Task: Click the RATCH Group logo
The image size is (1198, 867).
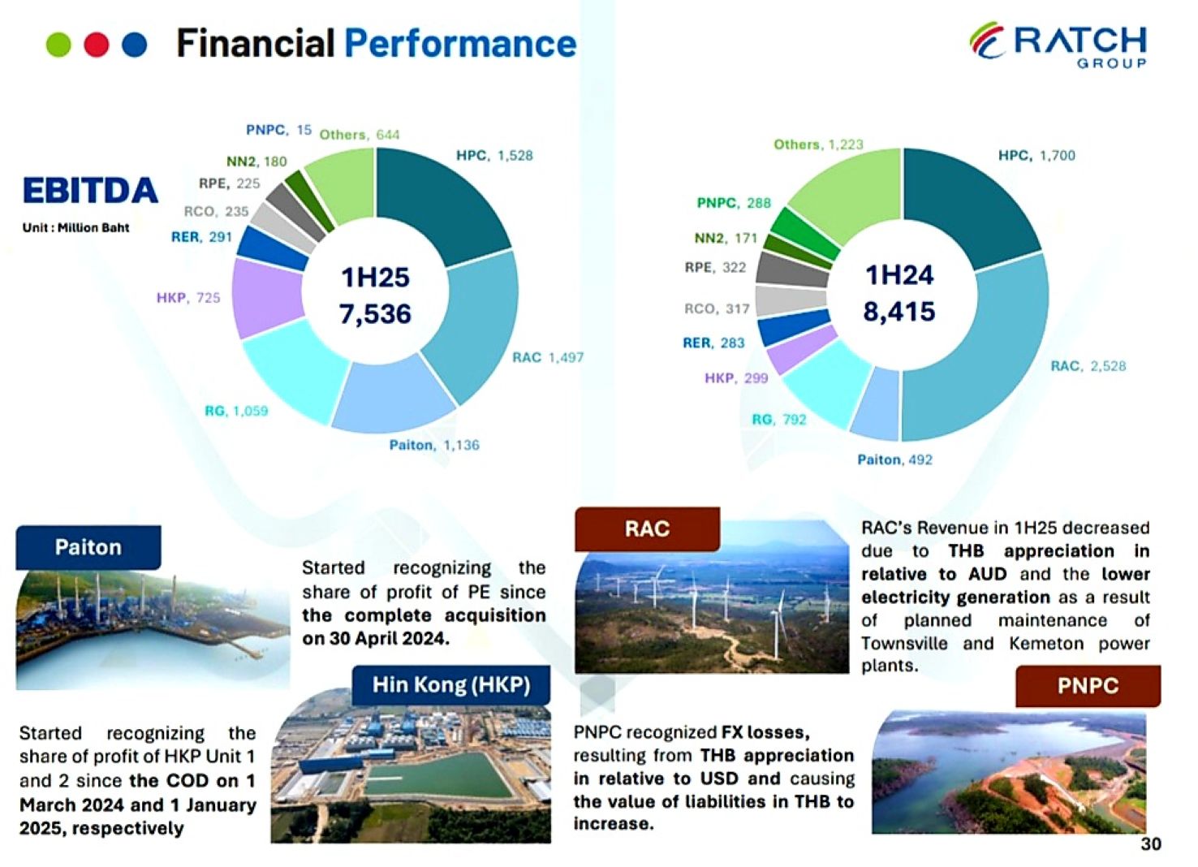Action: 1058,45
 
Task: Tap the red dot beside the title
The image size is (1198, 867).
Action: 97,45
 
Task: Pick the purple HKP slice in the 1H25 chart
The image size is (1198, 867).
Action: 267,297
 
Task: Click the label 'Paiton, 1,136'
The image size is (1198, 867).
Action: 433,445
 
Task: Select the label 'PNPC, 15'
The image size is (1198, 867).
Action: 278,130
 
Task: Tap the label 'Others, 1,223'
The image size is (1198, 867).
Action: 818,144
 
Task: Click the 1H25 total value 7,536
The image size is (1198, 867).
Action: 375,313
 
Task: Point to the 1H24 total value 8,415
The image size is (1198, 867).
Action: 899,311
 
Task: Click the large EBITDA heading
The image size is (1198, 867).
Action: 90,191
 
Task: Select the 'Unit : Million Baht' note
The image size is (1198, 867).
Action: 75,228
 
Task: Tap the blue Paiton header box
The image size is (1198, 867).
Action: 88,547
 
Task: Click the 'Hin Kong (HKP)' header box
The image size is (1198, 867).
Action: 450,685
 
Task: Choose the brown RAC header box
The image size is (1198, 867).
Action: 647,529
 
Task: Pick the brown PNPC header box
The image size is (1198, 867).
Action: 1088,686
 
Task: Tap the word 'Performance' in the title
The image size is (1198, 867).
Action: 460,43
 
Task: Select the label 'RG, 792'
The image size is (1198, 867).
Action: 778,420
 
